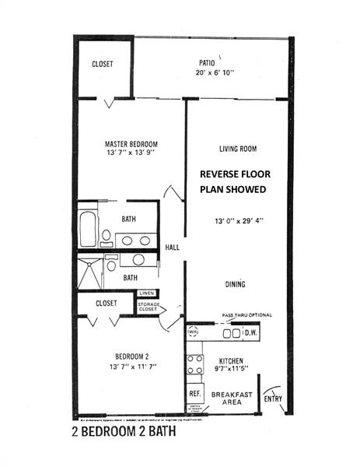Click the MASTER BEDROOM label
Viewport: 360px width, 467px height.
(x=131, y=144)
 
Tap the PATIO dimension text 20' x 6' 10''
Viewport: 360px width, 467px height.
(x=221, y=73)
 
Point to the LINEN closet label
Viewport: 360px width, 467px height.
(x=147, y=293)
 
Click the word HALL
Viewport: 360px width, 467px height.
(x=173, y=248)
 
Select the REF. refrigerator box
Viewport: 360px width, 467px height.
(x=194, y=394)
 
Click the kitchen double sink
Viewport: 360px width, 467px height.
(x=231, y=334)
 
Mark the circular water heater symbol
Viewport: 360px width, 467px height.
(x=193, y=332)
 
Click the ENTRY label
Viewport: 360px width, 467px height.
(x=273, y=399)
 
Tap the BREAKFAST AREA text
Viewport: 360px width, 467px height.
(x=232, y=399)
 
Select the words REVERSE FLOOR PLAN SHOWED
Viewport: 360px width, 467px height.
(x=232, y=181)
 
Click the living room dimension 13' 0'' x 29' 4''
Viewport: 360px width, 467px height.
(x=238, y=220)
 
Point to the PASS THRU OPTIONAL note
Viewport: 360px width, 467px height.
(x=246, y=314)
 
